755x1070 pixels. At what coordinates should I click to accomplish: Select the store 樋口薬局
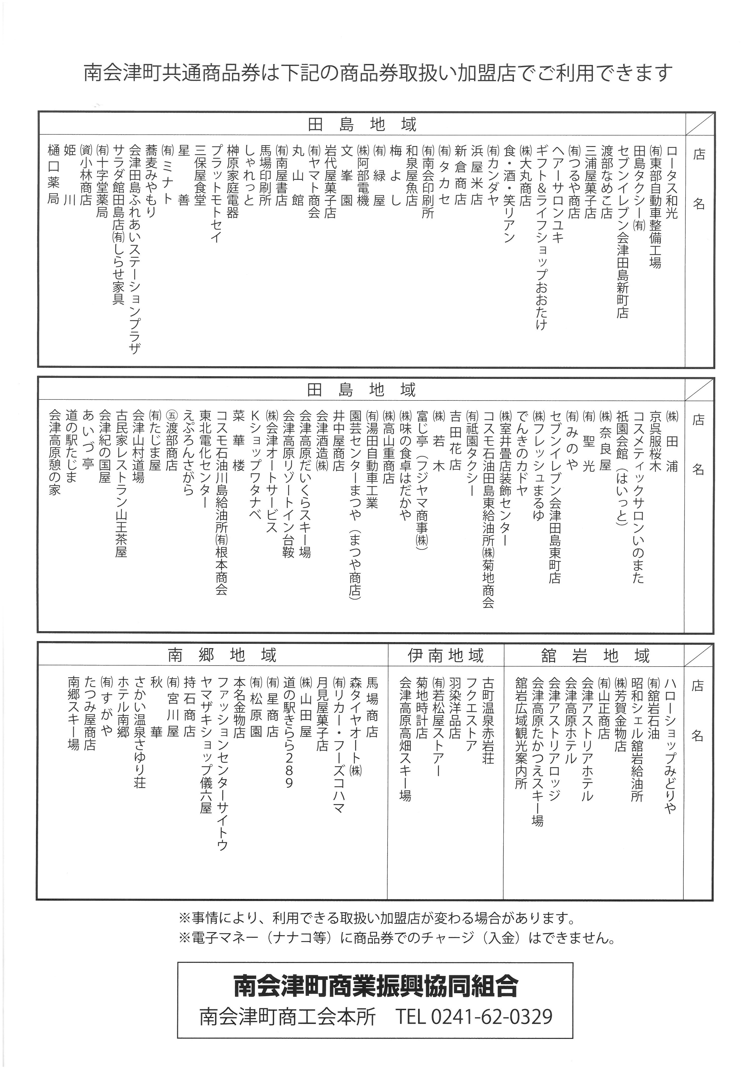54,174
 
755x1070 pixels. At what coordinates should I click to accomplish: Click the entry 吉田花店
455,440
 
